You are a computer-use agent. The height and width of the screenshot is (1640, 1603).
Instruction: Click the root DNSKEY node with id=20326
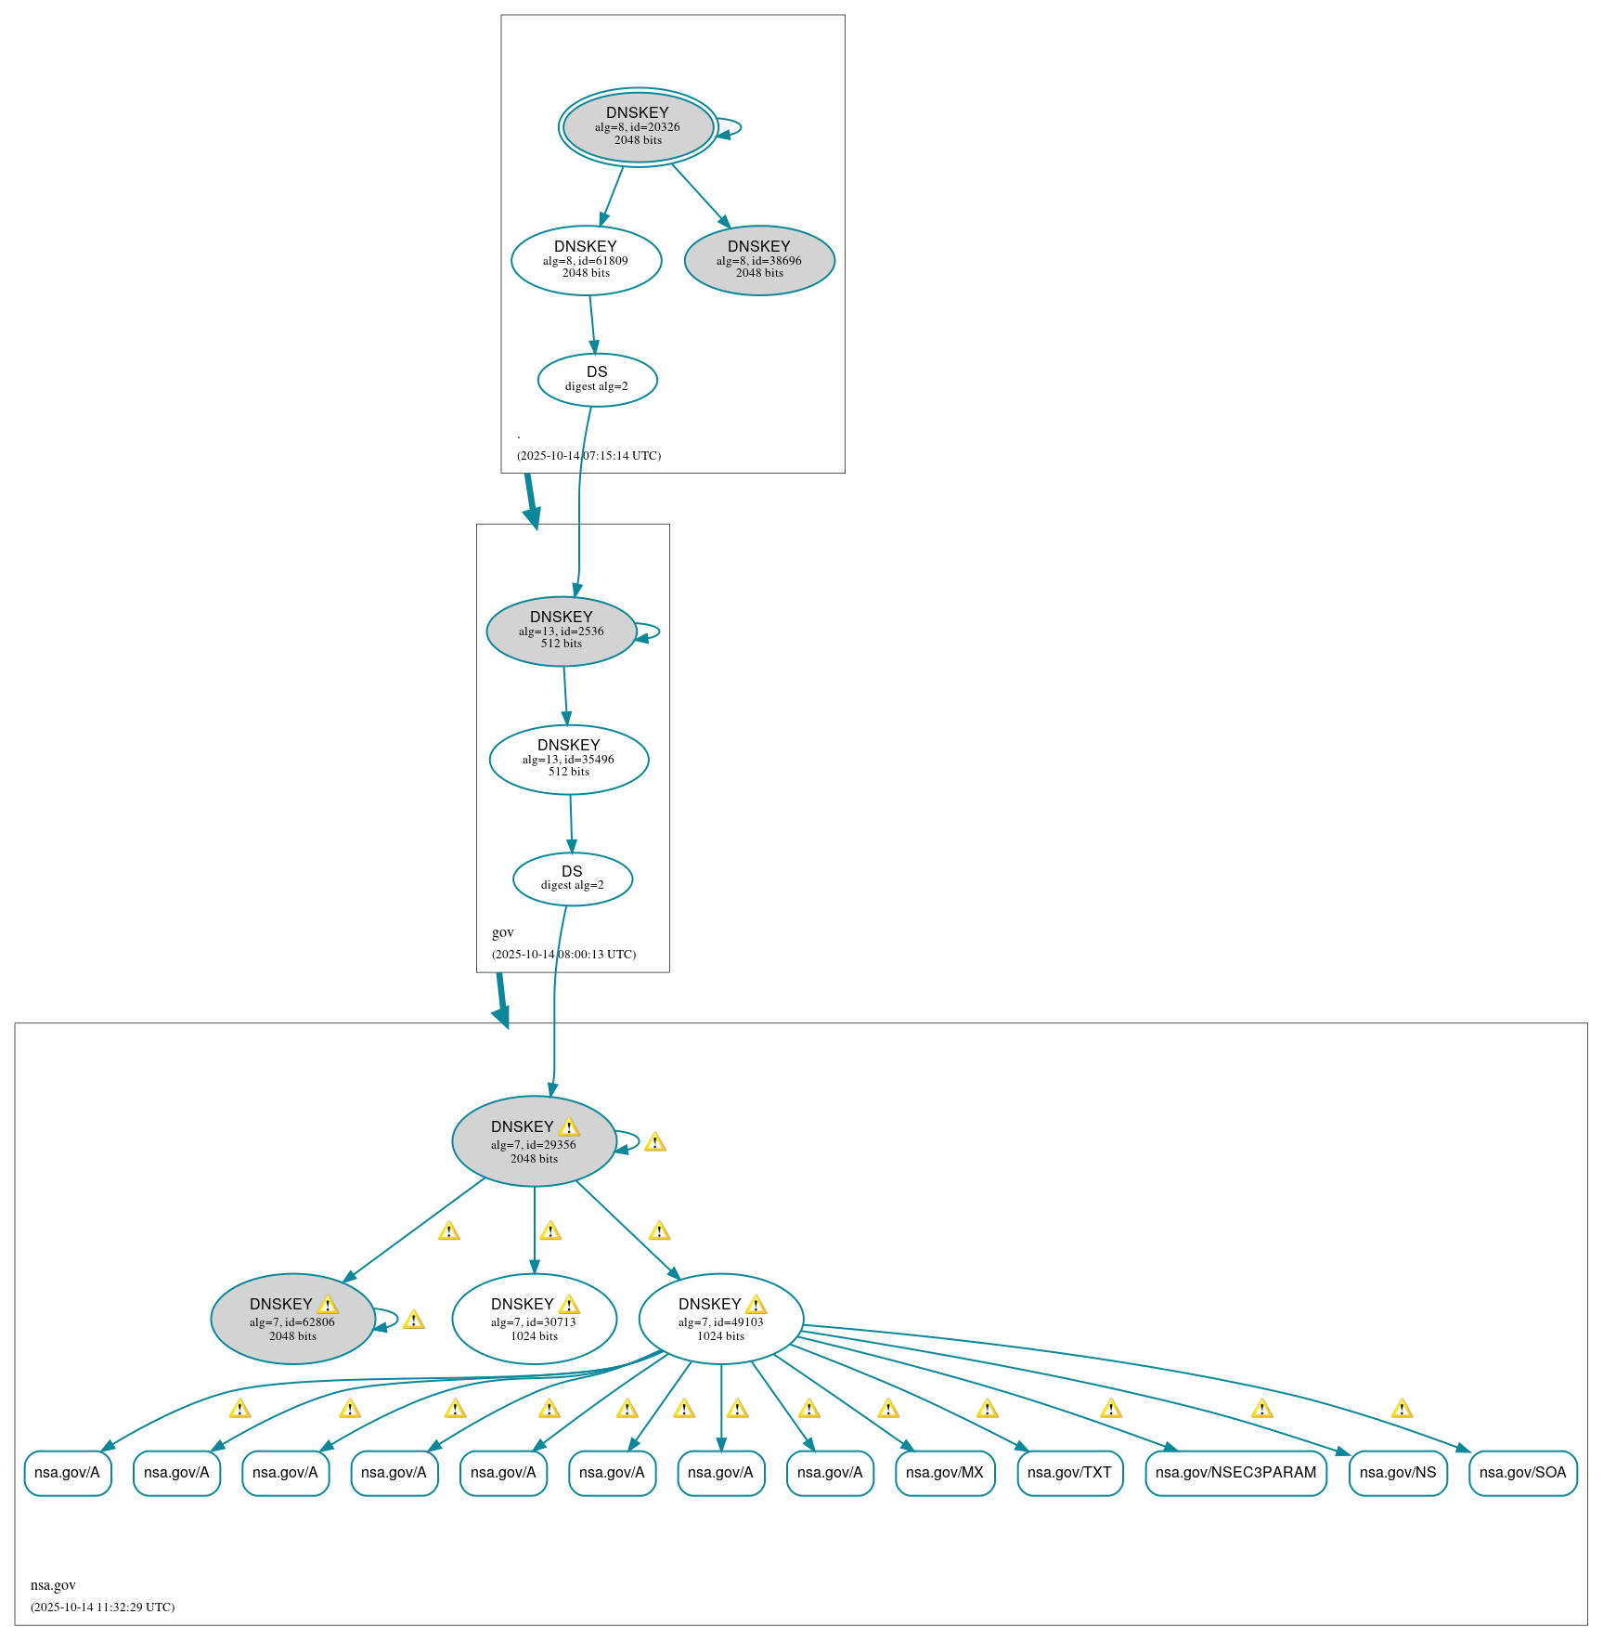tap(638, 127)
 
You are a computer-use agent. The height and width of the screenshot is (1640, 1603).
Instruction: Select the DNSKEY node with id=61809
tap(586, 260)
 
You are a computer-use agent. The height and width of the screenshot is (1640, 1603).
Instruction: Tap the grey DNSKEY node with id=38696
tap(759, 260)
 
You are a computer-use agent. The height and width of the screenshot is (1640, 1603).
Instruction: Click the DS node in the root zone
tap(597, 380)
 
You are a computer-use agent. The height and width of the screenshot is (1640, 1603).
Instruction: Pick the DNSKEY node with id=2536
tap(561, 631)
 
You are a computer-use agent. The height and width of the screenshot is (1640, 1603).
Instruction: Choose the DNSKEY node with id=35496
tap(568, 760)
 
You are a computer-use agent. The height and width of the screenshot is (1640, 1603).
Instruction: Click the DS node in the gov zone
tap(572, 879)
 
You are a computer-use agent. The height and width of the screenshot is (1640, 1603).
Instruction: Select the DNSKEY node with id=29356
tap(534, 1141)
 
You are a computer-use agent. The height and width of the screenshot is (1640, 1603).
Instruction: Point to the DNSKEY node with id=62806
tap(292, 1319)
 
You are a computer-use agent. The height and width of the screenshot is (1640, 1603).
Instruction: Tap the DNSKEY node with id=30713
tap(534, 1319)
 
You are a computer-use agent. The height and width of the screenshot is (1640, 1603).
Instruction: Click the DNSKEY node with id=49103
tap(720, 1319)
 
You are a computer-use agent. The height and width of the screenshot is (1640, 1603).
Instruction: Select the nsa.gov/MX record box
tap(944, 1473)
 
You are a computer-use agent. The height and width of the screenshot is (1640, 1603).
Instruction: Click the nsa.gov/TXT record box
tap(1069, 1473)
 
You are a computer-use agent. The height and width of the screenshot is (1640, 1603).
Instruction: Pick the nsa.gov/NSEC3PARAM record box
tap(1235, 1473)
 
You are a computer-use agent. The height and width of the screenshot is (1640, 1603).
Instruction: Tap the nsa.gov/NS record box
tap(1397, 1473)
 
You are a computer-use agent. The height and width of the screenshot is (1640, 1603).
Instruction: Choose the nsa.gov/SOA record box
tap(1522, 1473)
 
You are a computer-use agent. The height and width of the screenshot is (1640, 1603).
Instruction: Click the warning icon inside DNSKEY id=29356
tap(569, 1127)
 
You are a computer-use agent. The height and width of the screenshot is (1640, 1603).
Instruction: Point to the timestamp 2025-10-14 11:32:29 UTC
tap(102, 1607)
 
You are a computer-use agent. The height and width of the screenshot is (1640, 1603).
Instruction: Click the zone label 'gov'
tap(502, 932)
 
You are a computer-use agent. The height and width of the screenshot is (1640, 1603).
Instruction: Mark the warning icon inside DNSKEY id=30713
tap(569, 1305)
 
